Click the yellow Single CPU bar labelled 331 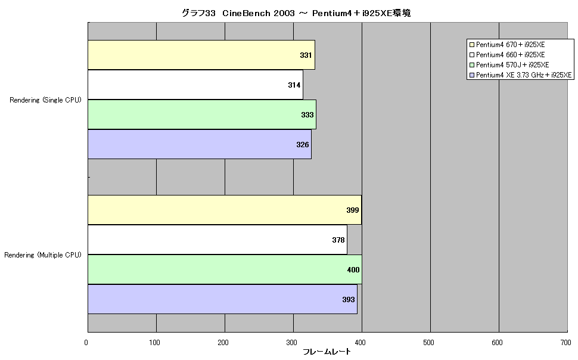pos(201,55)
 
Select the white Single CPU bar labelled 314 pos(195,85)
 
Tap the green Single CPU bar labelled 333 pos(202,114)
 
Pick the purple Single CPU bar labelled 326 pos(200,144)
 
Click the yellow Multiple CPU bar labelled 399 pos(225,210)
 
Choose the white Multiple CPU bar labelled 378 pos(217,240)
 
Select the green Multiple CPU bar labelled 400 pos(225,269)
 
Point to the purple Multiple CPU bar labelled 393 pos(223,299)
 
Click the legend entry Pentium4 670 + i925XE pos(507,45)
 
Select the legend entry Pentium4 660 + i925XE pos(507,55)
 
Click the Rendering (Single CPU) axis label pos(45,100)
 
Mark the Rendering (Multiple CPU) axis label pos(43,255)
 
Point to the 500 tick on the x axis pos(428,343)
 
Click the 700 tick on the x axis pos(566,343)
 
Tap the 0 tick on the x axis pos(86,343)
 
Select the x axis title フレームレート pos(327,352)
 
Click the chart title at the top pos(296,13)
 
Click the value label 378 pos(338,240)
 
